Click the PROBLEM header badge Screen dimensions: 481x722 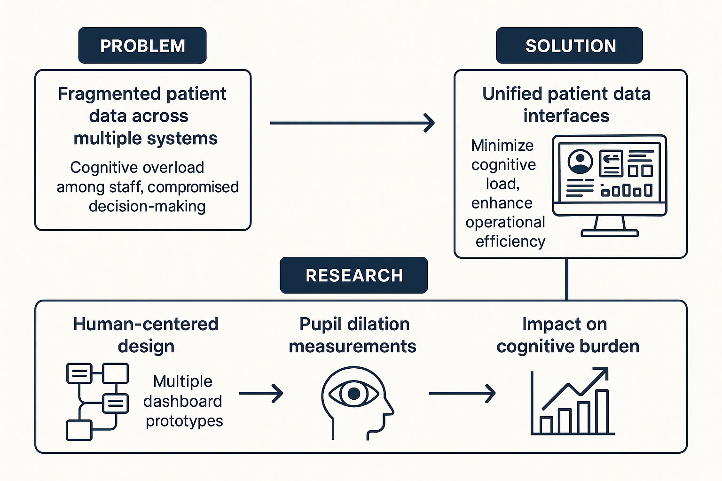click(x=142, y=46)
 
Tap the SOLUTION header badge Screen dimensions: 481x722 click(x=569, y=46)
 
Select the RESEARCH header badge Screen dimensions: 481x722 click(x=353, y=275)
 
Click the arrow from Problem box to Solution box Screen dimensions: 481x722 click(x=352, y=123)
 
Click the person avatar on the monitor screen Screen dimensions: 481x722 click(x=581, y=162)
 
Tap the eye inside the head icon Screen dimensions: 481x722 click(x=353, y=393)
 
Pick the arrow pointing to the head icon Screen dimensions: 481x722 click(x=261, y=393)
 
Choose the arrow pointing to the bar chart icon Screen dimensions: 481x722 click(x=462, y=393)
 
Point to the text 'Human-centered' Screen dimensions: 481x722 click(x=146, y=324)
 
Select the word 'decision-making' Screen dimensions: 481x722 click(x=147, y=206)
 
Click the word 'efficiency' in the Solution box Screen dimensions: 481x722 click(x=510, y=241)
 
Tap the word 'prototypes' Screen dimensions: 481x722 click(x=184, y=421)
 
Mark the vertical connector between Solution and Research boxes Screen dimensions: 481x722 click(x=566, y=279)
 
